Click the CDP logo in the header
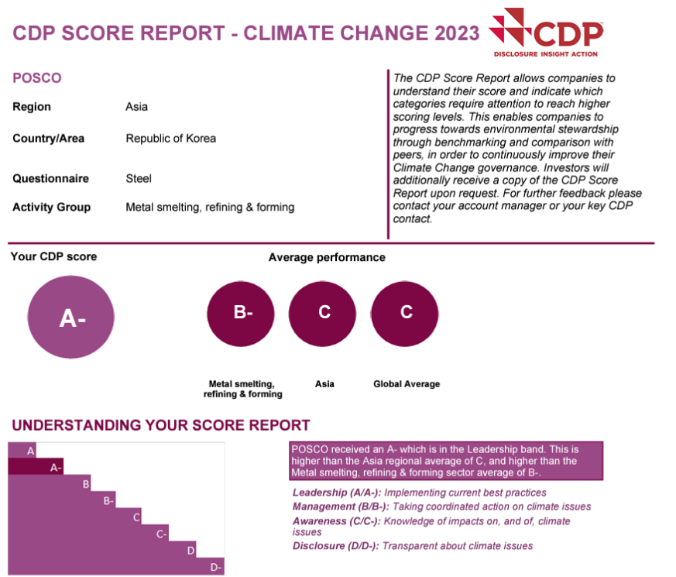[x=547, y=33]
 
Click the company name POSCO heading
[x=36, y=78]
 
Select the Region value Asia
[x=136, y=107]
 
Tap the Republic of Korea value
[x=170, y=139]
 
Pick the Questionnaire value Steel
[x=139, y=178]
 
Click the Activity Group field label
[x=51, y=207]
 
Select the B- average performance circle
[x=242, y=313]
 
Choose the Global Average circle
[x=406, y=313]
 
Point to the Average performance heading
[x=327, y=257]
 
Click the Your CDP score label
[x=53, y=256]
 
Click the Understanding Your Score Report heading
[x=161, y=425]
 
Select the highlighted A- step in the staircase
[x=55, y=467]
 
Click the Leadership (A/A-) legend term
[x=336, y=493]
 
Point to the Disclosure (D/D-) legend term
[x=335, y=546]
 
